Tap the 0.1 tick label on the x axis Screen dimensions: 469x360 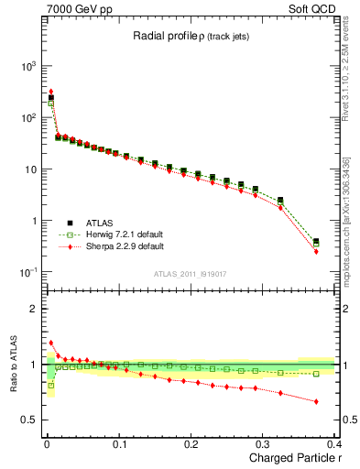[119, 445]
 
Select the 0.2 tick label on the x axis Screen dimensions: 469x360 [191, 445]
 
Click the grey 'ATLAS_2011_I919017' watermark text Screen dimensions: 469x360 [190, 274]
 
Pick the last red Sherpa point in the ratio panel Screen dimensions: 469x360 [316, 401]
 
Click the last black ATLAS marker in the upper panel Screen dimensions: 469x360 [316, 242]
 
